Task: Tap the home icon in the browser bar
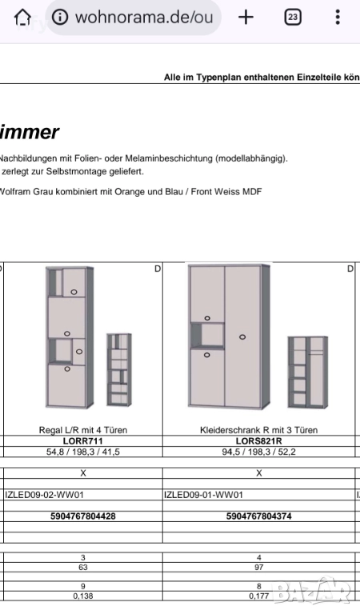(22, 18)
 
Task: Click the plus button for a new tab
(246, 18)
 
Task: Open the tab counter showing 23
(293, 18)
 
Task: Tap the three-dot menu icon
(338, 18)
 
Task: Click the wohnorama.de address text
(144, 18)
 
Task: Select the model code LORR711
(82, 441)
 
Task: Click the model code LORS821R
(258, 441)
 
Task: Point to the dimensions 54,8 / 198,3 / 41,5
(83, 452)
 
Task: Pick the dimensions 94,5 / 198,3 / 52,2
(258, 452)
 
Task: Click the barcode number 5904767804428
(83, 516)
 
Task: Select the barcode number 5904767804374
(258, 516)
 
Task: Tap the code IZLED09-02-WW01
(44, 495)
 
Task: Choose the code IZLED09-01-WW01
(203, 495)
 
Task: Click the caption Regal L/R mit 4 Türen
(83, 430)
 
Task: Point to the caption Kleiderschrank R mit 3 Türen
(258, 430)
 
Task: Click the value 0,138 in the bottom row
(83, 596)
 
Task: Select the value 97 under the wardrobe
(258, 568)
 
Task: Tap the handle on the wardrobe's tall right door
(242, 337)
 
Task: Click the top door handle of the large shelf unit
(74, 292)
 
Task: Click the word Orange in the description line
(128, 192)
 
